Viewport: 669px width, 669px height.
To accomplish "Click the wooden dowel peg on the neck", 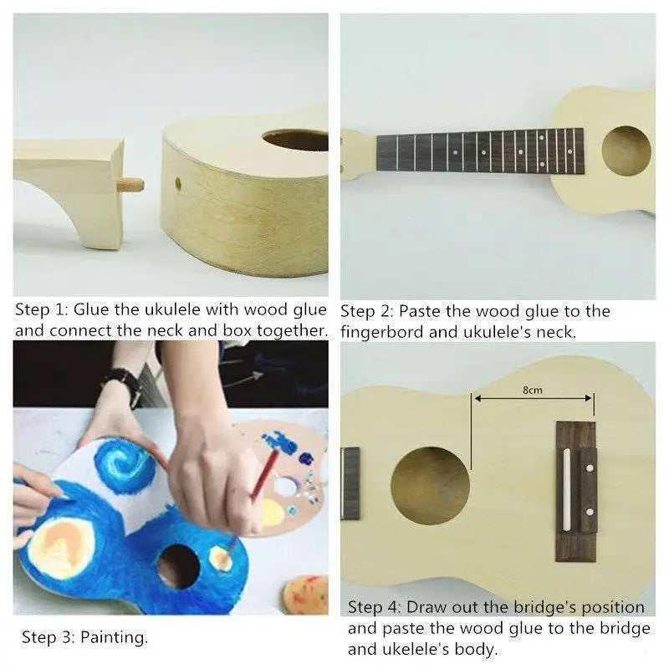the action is coord(130,185).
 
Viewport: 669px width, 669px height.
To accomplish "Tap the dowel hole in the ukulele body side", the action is coord(178,184).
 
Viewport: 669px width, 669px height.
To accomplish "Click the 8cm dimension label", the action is coord(533,390).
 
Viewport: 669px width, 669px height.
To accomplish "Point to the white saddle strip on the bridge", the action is coord(567,490).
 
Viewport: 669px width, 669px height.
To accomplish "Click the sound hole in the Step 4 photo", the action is coord(430,486).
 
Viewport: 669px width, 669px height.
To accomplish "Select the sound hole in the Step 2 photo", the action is coord(626,151).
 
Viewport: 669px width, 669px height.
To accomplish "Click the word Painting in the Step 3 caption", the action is coord(115,638).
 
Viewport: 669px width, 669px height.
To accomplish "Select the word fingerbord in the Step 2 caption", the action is coord(382,332).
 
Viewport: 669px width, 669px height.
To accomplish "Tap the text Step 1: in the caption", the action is coord(41,309).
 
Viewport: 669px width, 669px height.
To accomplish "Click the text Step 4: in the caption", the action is coord(374,607).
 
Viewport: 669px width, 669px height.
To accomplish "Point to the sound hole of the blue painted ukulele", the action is coord(178,567).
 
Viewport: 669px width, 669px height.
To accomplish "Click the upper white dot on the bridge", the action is coord(590,468).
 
